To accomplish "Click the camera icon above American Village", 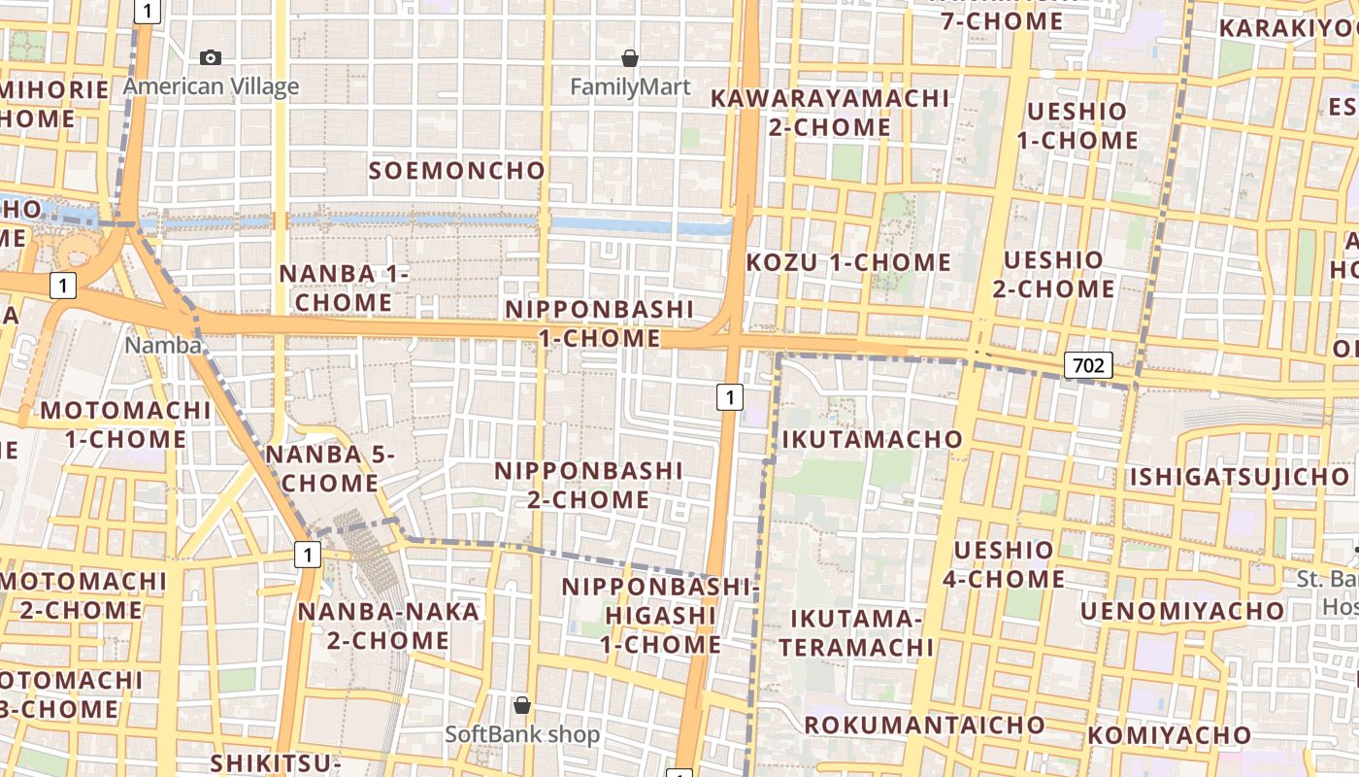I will tap(210, 58).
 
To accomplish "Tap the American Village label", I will tap(211, 86).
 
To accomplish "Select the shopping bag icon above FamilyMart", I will tap(630, 58).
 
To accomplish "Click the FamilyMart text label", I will tap(630, 87).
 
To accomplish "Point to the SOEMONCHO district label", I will tap(457, 171).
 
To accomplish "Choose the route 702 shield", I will tap(1088, 365).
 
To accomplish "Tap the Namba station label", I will tap(163, 345).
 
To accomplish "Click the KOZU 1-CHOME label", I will tap(848, 262).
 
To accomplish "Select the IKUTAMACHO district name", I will tap(872, 439).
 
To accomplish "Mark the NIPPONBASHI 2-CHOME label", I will tap(589, 485).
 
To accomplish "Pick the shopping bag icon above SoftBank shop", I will tap(522, 705).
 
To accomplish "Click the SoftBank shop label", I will tap(522, 734).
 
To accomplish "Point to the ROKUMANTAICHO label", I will tap(924, 725).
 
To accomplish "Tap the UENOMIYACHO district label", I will tap(1181, 611).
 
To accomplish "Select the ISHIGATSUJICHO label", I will tap(1239, 477).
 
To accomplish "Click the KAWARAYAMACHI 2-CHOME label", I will tap(830, 113).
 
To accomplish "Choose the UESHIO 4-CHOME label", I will tap(1003, 564).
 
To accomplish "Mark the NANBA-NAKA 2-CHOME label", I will tap(388, 625).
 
